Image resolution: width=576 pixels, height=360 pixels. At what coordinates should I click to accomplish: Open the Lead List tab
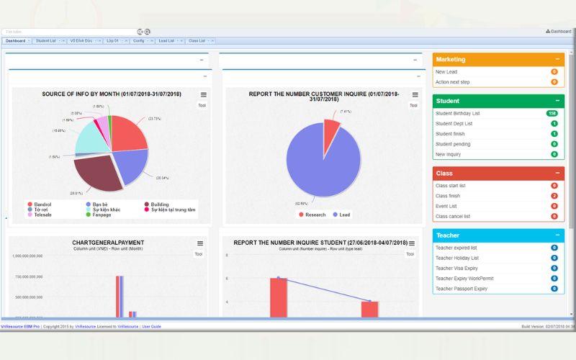pyautogui.click(x=166, y=41)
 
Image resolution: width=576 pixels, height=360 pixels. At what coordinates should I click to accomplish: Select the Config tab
pyautogui.click(x=138, y=41)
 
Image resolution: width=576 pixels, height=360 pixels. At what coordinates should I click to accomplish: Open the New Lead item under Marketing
pyautogui.click(x=446, y=72)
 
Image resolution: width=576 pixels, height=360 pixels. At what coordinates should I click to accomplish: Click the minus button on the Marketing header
pyautogui.click(x=557, y=59)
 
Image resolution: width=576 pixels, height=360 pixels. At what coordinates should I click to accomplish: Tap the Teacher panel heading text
pyautogui.click(x=447, y=235)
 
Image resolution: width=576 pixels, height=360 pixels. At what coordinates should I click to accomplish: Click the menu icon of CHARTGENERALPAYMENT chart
pyautogui.click(x=200, y=243)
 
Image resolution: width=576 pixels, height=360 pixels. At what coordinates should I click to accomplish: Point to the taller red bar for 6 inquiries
pyautogui.click(x=279, y=297)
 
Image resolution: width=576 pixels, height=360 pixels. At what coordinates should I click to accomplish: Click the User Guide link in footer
pyautogui.click(x=151, y=326)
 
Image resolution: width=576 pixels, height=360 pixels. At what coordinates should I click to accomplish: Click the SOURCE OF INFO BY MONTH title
pyautogui.click(x=112, y=94)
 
